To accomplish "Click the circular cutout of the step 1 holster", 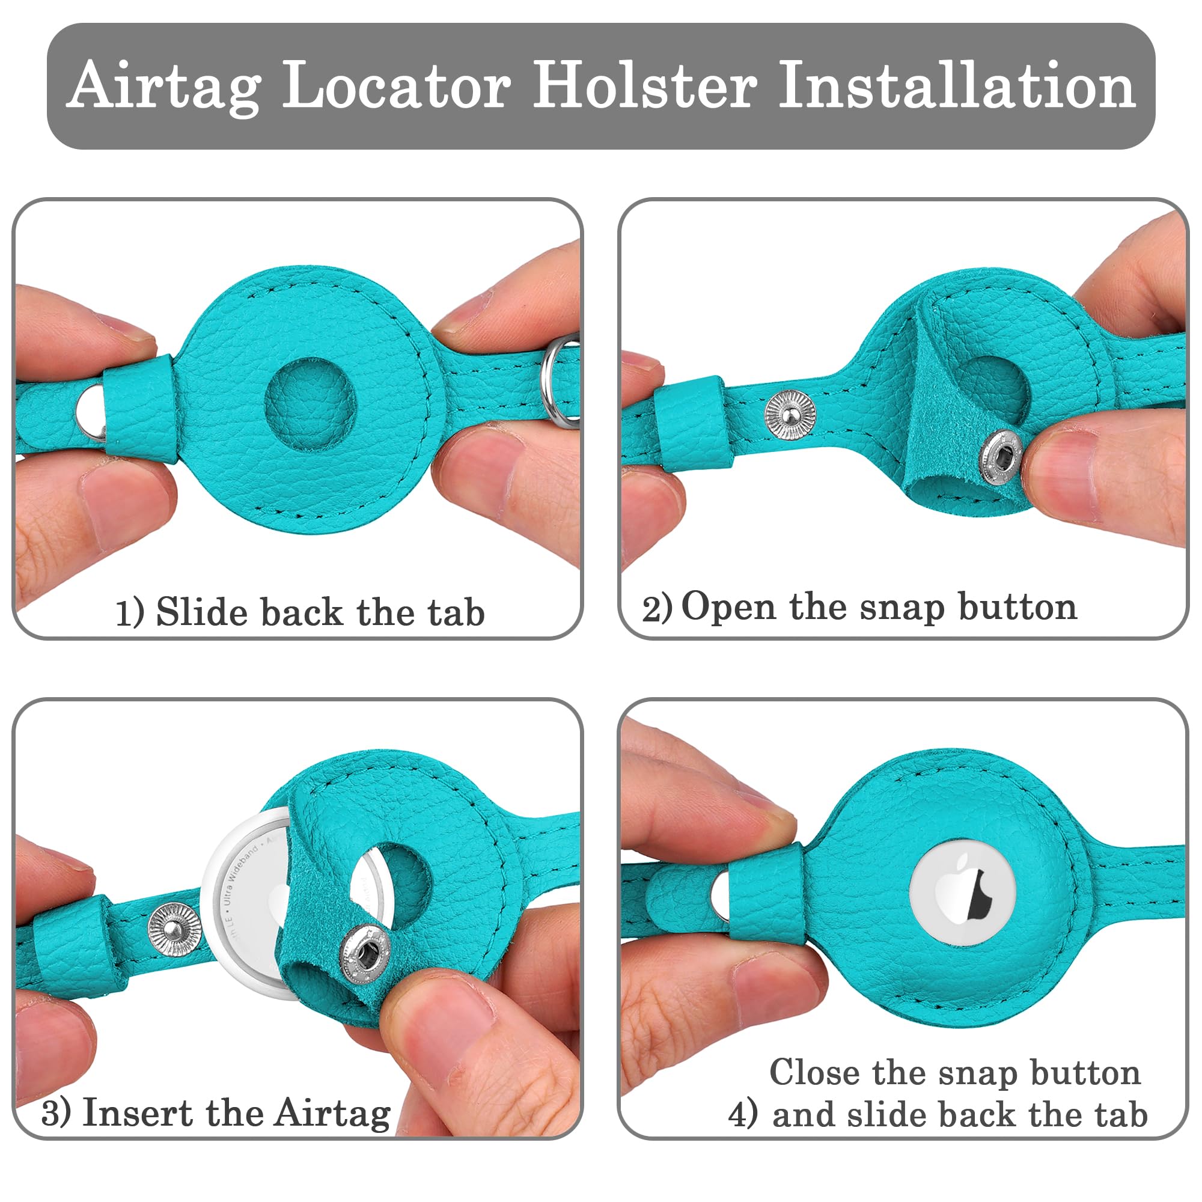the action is coord(311,403).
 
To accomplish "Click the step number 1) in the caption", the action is coord(130,613).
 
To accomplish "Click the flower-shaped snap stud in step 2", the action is coord(790,414).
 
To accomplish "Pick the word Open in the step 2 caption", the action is coord(728,607).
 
